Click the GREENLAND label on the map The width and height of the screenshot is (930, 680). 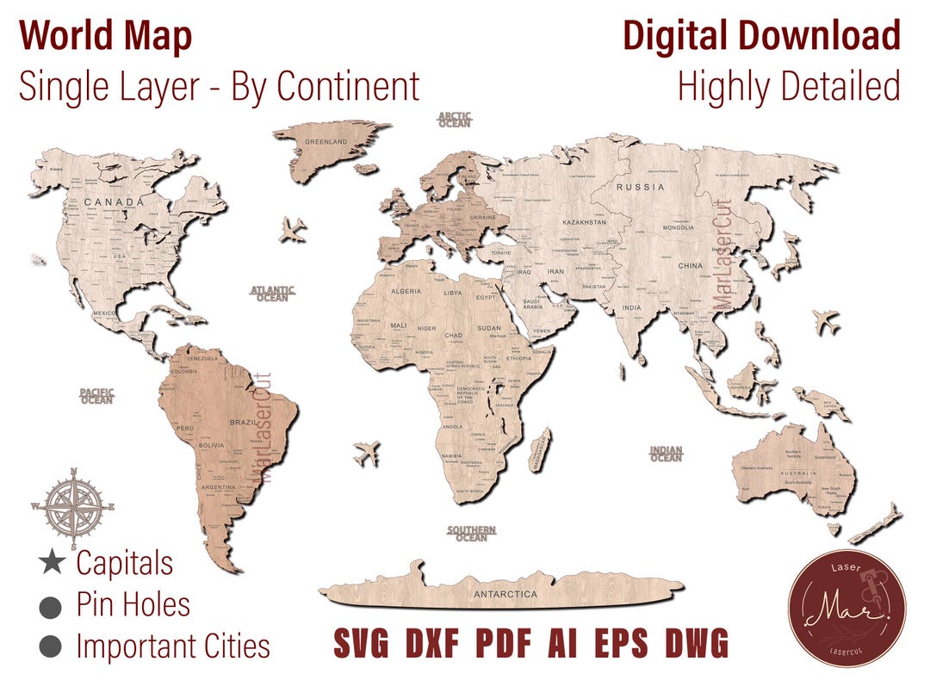326,141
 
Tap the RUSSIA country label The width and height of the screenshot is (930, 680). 640,187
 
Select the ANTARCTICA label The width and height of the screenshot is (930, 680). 505,594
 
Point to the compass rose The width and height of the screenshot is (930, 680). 74,506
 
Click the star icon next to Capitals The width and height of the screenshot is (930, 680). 52,564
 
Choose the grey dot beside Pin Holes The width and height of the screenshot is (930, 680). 52,605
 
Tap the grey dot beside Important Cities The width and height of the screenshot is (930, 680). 52,646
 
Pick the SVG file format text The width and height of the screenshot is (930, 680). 361,643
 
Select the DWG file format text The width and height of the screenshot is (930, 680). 697,643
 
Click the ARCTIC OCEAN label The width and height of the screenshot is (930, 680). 455,119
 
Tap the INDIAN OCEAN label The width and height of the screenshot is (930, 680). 666,454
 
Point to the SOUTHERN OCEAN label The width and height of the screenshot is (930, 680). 471,533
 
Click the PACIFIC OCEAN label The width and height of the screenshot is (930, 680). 96,396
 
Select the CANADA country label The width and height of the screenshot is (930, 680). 113,202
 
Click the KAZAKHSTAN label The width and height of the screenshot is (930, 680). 584,222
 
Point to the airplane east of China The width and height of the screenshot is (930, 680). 825,323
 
